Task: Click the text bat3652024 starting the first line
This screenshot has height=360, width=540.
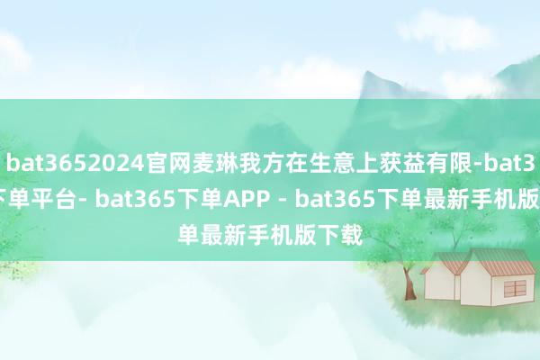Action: (x=67, y=165)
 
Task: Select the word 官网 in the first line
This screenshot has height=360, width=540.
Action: (x=148, y=165)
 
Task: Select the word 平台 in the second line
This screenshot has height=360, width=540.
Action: (x=62, y=190)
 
